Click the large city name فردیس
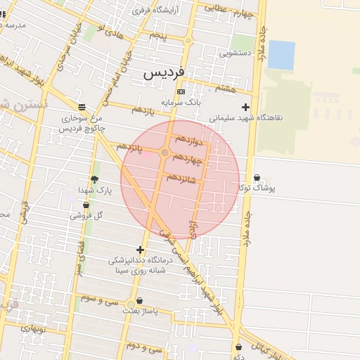pyautogui.click(x=165, y=72)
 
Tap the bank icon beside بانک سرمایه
pyautogui.click(x=181, y=91)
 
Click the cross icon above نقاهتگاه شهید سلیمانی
pyautogui.click(x=245, y=107)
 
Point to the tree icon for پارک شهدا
pyautogui.click(x=94, y=180)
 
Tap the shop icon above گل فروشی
pyautogui.click(x=86, y=205)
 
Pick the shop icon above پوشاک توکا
pyautogui.click(x=256, y=178)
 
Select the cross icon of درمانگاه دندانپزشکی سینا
pyautogui.click(x=141, y=250)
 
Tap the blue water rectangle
pyautogui.click(x=281, y=55)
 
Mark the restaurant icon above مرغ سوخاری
pyautogui.click(x=82, y=107)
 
